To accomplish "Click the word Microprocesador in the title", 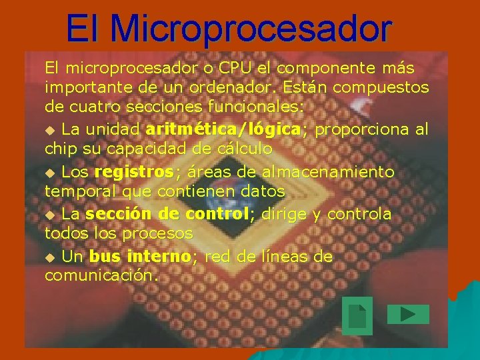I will tap(251, 29).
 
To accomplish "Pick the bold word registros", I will tap(135, 172).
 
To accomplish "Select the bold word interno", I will tap(159, 257).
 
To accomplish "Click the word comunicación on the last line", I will tap(100, 275).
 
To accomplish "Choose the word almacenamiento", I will tap(328, 172).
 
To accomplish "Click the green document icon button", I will tap(357, 315).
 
